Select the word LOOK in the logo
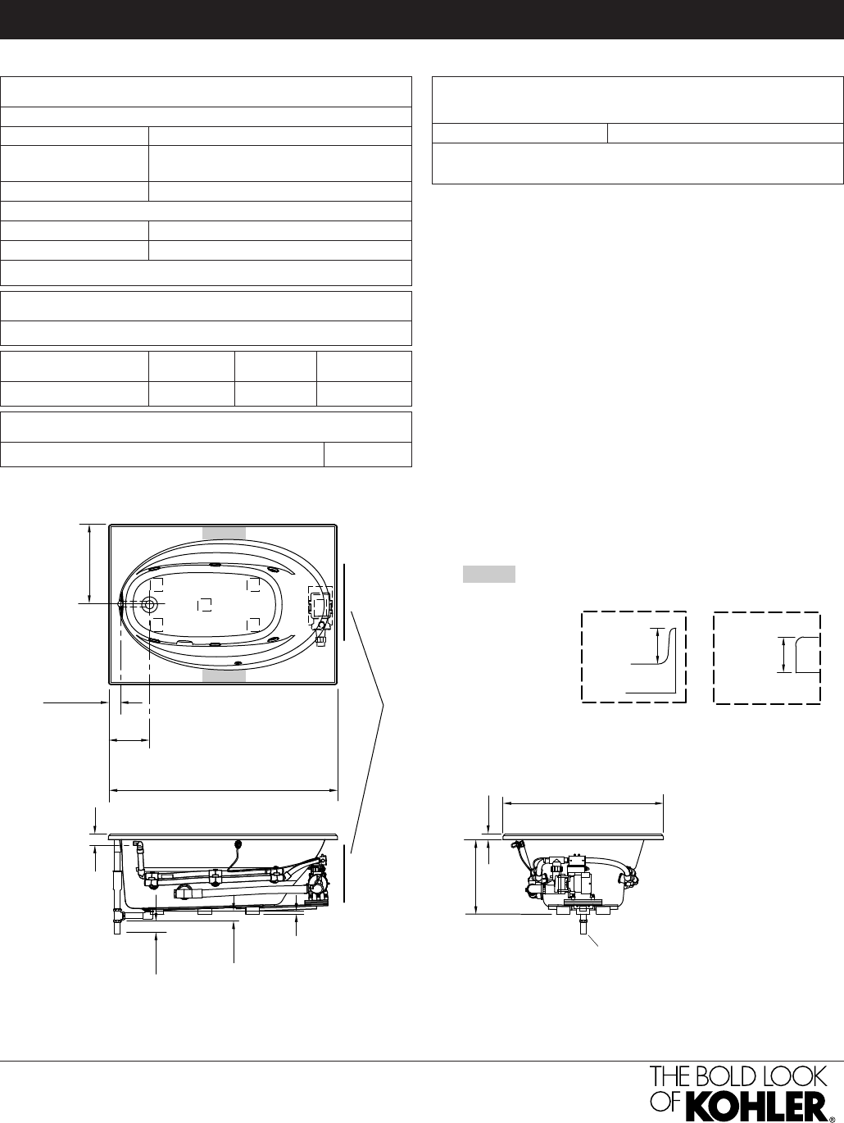[x=799, y=1077]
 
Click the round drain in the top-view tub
[x=149, y=604]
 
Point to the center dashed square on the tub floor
[x=205, y=605]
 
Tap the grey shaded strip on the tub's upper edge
[x=224, y=533]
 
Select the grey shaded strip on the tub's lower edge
[x=224, y=675]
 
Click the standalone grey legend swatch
[x=488, y=574]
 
